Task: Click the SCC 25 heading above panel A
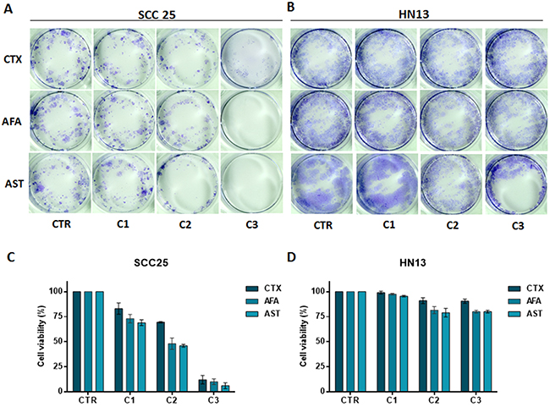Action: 157,10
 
